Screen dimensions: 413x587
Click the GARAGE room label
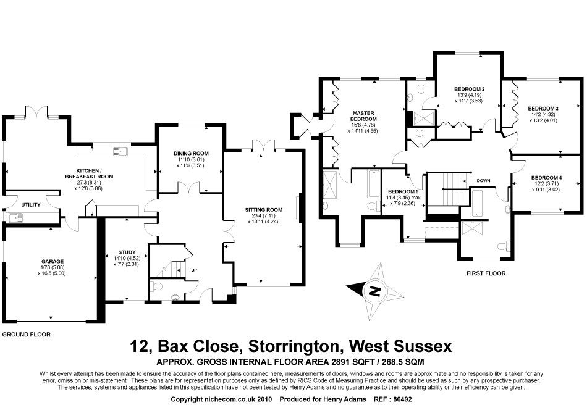[x=53, y=261]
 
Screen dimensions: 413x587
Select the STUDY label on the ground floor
[x=126, y=252]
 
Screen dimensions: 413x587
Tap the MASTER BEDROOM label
[x=365, y=115]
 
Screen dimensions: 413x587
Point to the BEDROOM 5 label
[x=403, y=191]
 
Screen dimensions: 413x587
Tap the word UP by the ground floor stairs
[x=194, y=270]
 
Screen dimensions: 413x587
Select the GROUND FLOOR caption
[x=26, y=334]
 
